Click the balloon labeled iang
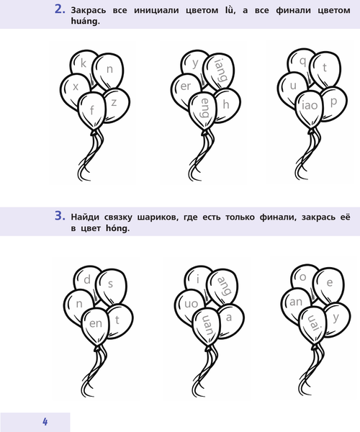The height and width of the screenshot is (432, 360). tap(220, 71)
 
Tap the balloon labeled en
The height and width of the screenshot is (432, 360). tap(96, 326)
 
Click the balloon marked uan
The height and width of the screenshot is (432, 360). tap(207, 326)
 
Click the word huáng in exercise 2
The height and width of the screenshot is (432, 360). tap(85, 21)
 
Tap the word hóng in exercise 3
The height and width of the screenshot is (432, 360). tap(117, 228)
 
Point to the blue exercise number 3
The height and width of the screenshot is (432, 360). tap(60, 216)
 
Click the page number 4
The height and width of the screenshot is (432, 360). tap(45, 422)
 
